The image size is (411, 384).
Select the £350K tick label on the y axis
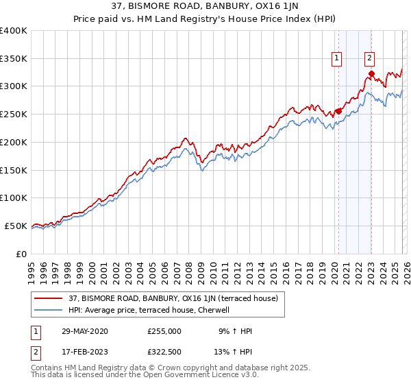coord(14,58)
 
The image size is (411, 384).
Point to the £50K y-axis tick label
coord(16,226)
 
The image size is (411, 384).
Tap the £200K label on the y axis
coord(14,142)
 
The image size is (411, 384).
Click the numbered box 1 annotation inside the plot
coord(338,60)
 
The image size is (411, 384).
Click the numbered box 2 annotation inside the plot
coord(370,60)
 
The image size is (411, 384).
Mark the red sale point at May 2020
coord(338,111)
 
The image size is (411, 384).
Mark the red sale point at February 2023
coord(371,73)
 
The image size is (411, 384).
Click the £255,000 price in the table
coord(164,331)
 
